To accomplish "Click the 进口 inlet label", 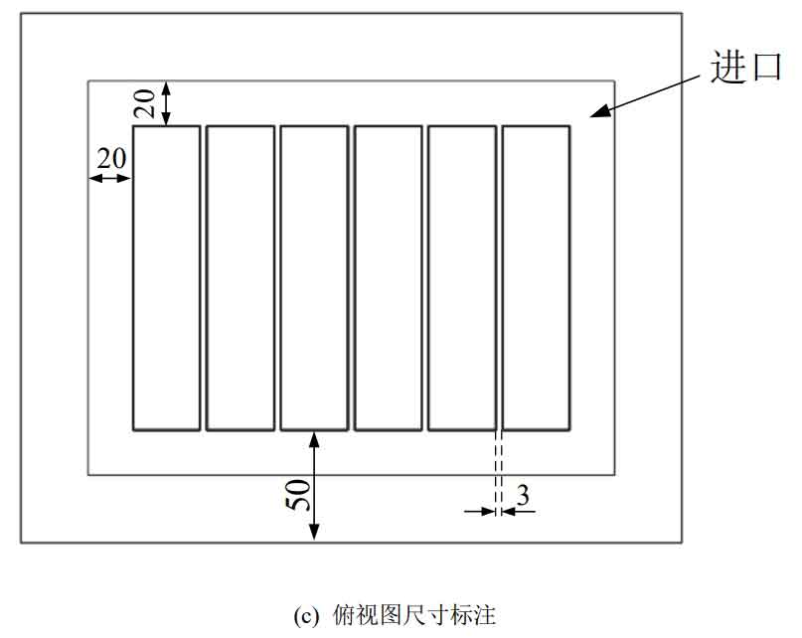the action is pos(745,66).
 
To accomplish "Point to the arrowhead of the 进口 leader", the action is pos(591,116).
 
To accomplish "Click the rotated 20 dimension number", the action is pos(144,103).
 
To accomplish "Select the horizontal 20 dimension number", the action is pos(111,158).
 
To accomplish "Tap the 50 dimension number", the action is pos(298,495).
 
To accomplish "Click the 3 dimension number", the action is pos(523,495).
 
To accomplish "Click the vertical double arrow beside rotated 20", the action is pos(166,103).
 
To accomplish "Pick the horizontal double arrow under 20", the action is pos(110,178).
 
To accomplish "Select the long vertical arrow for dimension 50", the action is pos(315,486).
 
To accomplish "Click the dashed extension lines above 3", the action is pos(499,472).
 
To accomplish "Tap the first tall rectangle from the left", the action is pos(166,278).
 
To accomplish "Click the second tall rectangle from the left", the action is pos(241,278).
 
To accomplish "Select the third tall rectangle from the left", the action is pos(315,278).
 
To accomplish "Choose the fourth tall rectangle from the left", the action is pos(389,278).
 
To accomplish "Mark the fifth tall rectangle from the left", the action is pos(462,278).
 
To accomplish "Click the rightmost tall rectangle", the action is pos(536,278).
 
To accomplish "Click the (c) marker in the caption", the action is pos(306,615).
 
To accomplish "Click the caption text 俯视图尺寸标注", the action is pos(414,615).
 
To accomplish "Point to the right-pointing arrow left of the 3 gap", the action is pos(480,511).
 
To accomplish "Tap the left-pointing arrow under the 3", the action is pos(518,511).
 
